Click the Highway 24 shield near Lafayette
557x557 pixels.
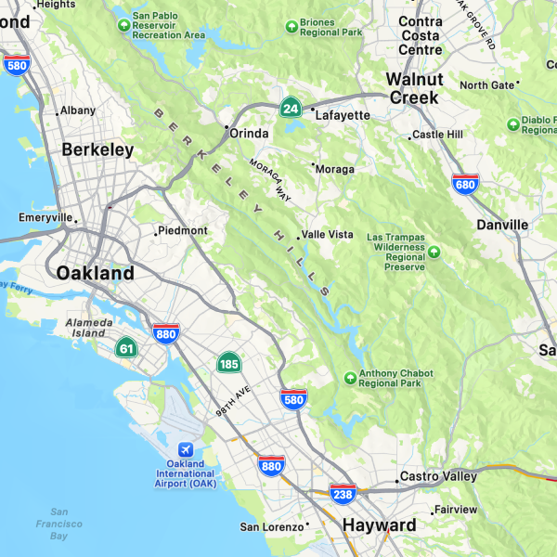291,108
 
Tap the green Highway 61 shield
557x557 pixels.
126,349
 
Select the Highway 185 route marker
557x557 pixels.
229,363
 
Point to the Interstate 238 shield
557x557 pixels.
343,494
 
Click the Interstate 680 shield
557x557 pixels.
466,184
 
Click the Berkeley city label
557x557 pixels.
97,149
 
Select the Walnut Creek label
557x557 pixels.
414,88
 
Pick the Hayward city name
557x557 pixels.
379,525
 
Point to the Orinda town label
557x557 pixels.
249,133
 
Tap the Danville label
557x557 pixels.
502,225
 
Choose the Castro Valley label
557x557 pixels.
437,476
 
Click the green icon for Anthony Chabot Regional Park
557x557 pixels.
350,377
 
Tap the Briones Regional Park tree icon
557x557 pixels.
292,25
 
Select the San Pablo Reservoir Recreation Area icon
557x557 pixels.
124,24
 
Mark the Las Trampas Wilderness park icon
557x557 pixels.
434,251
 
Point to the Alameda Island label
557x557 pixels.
90,328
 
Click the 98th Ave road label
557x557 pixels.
235,401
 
